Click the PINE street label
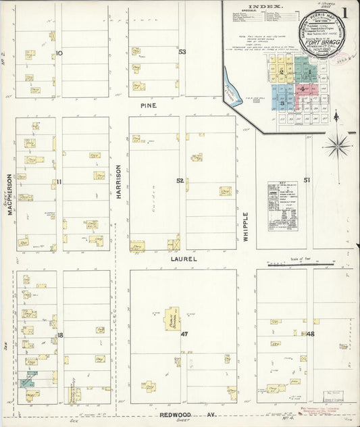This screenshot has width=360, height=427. tap(148, 106)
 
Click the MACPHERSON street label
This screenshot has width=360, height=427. tap(10, 194)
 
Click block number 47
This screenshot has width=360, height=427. tap(183, 334)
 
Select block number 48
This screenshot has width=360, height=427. tap(310, 334)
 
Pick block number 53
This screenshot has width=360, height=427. tap(182, 52)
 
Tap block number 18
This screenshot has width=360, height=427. tap(59, 335)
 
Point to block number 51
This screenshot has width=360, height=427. tap(307, 180)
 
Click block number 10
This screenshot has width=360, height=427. tap(59, 53)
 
